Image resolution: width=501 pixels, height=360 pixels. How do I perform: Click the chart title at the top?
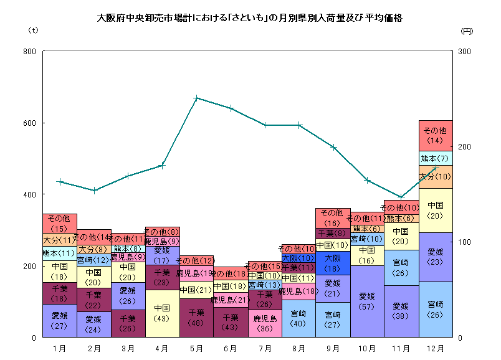[250, 18]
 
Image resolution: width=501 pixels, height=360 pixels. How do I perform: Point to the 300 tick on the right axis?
[464, 51]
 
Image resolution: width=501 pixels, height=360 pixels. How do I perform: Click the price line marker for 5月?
[196, 98]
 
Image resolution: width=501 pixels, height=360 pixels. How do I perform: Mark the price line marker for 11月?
[401, 197]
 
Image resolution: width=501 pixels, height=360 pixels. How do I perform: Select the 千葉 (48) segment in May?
[196, 318]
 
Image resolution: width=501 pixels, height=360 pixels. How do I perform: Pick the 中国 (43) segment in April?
[162, 313]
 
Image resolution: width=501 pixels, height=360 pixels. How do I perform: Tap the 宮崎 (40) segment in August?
[298, 318]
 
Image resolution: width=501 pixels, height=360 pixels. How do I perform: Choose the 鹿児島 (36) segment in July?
[265, 323]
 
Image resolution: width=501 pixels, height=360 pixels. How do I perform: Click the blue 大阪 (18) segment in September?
[333, 262]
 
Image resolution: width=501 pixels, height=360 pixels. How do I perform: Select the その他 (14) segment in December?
[435, 135]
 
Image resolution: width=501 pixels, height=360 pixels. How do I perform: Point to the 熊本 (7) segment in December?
[435, 158]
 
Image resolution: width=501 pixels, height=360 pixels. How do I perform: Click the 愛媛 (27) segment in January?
[60, 321]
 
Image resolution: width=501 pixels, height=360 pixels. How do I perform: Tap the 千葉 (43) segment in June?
[231, 322]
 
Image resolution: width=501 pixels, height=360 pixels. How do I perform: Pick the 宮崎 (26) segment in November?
[401, 268]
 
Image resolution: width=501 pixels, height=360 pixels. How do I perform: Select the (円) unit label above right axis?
[467, 30]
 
